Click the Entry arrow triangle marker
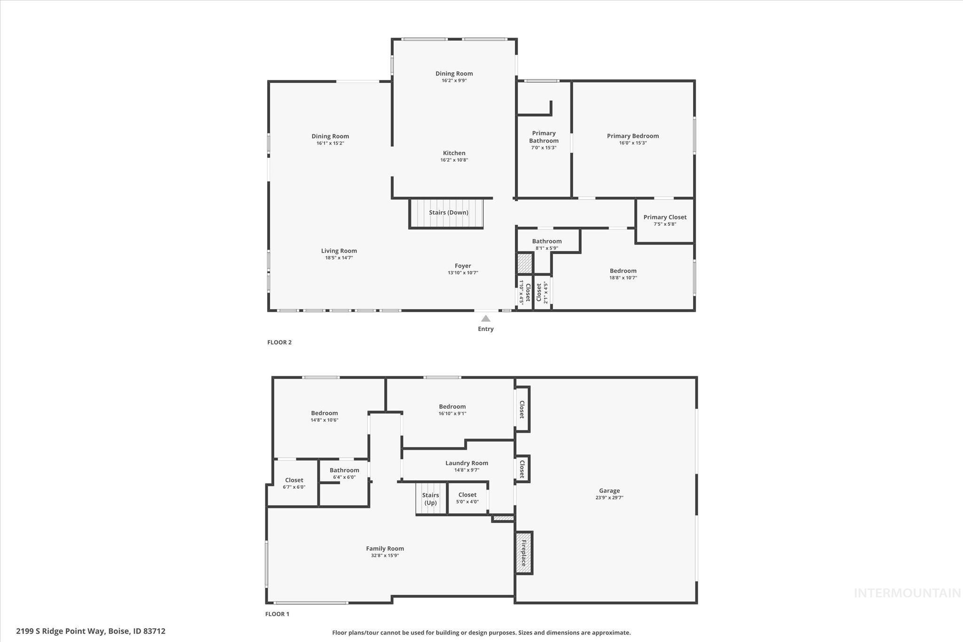(486, 318)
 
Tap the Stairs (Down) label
(449, 213)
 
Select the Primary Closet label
(665, 217)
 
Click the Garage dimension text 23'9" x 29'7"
(609, 498)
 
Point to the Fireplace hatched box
(524, 553)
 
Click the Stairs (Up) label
(430, 499)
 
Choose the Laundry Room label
(466, 463)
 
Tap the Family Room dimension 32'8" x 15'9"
(385, 555)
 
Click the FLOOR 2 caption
(279, 342)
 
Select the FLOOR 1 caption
(277, 614)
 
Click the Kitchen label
(454, 153)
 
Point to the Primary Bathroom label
(544, 137)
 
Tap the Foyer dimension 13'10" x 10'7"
(463, 273)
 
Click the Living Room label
(339, 251)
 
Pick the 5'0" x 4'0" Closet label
(467, 495)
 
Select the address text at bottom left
(91, 631)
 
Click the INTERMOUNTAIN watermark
(907, 593)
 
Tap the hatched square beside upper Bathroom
(524, 263)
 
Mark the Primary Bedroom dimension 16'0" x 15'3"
(633, 143)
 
